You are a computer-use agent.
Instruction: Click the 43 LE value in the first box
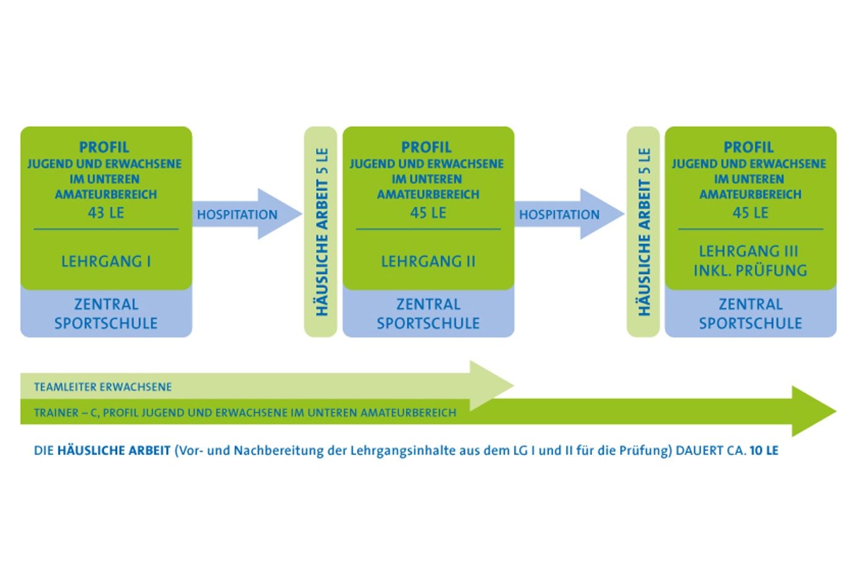(x=106, y=213)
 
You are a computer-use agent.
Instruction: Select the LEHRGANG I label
(x=106, y=261)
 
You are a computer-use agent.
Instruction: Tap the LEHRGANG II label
(x=428, y=261)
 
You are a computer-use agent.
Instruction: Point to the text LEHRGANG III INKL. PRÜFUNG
(x=750, y=261)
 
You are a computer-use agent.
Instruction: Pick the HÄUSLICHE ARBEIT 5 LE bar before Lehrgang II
(x=320, y=232)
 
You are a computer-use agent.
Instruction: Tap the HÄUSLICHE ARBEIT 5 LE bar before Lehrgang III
(x=643, y=232)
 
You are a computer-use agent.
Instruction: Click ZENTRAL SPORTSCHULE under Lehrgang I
(x=106, y=314)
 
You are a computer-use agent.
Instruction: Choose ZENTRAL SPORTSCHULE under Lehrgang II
(x=428, y=314)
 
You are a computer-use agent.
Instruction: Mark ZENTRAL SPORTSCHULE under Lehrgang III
(x=750, y=314)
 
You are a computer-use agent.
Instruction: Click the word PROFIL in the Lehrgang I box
(x=104, y=148)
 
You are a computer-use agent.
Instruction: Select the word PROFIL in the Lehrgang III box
(x=749, y=148)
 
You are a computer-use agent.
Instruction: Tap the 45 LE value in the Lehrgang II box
(x=428, y=213)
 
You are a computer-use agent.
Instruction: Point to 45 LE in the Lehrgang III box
(x=750, y=213)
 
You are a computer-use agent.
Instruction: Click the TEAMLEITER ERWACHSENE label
(x=103, y=387)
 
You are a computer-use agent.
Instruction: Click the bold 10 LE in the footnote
(x=764, y=451)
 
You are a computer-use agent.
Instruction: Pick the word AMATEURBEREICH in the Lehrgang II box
(x=428, y=194)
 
